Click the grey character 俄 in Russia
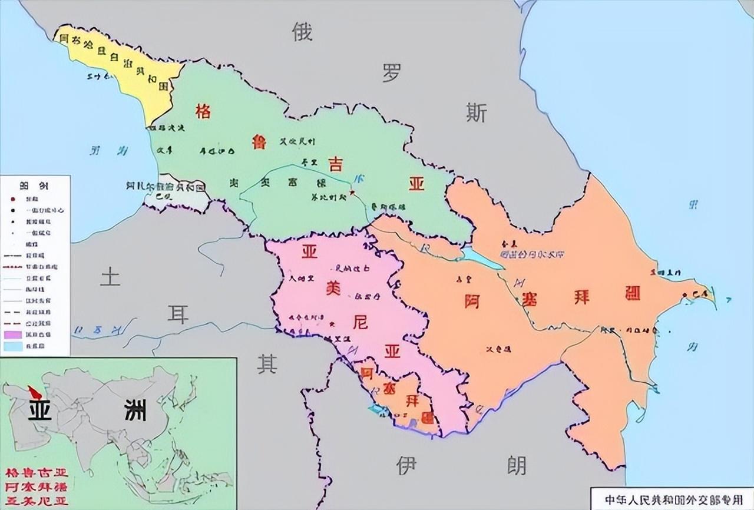tap(302, 32)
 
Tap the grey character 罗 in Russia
tap(392, 73)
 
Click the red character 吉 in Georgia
tap(335, 164)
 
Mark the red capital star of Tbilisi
tap(352, 192)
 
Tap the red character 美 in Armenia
tap(333, 289)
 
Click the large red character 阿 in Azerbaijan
tap(471, 301)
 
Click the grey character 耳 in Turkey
tap(178, 315)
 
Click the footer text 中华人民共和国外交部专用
tap(672, 498)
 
